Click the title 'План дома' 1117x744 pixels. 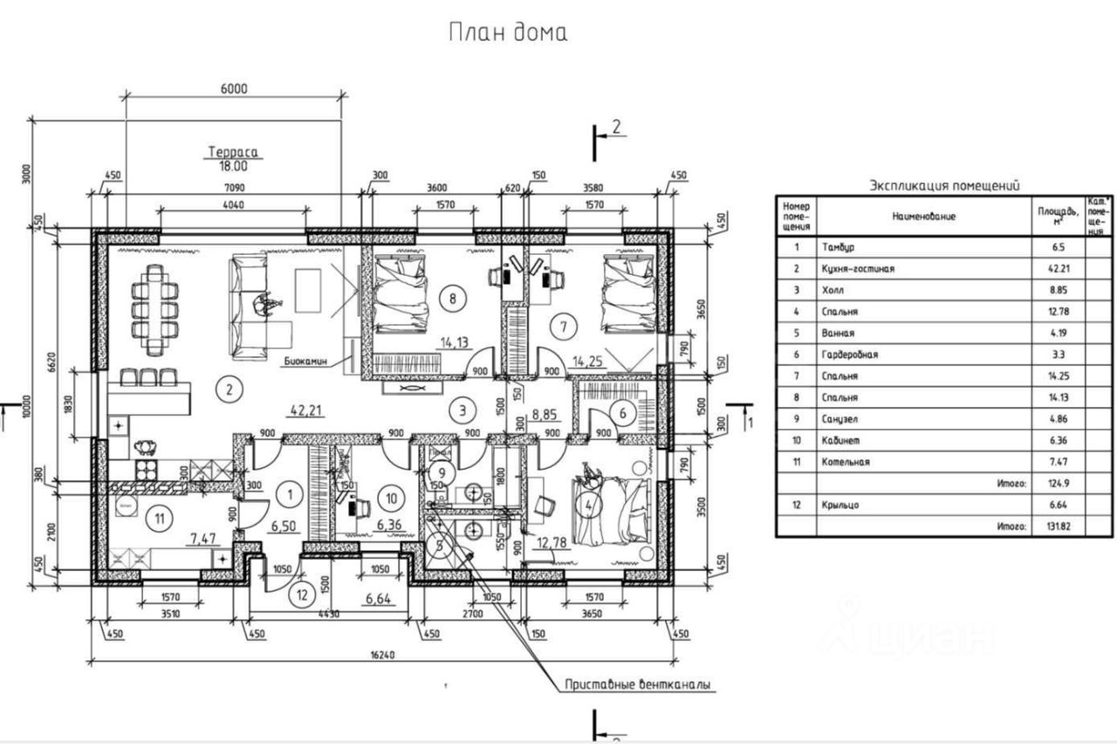[508, 33]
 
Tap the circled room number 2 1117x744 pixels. [229, 389]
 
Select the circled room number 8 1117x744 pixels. [452, 298]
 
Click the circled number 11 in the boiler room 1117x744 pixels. [159, 518]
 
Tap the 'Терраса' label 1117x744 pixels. [235, 151]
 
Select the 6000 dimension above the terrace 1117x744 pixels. [234, 87]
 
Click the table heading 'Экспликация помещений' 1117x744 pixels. [945, 185]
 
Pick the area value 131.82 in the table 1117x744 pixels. [1050, 527]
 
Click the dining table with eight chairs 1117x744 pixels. [154, 309]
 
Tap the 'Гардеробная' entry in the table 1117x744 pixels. [849, 355]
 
